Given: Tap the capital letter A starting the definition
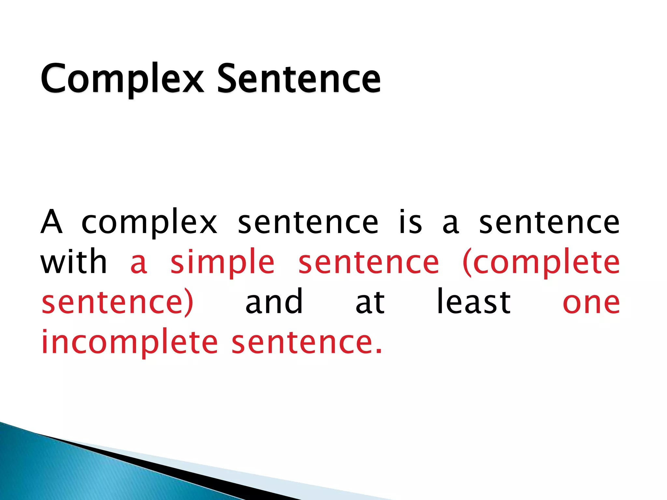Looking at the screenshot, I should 51,222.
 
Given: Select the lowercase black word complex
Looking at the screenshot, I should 149,223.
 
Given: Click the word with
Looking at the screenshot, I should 74,262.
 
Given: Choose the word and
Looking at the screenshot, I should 274,302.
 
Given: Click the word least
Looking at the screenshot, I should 474,302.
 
